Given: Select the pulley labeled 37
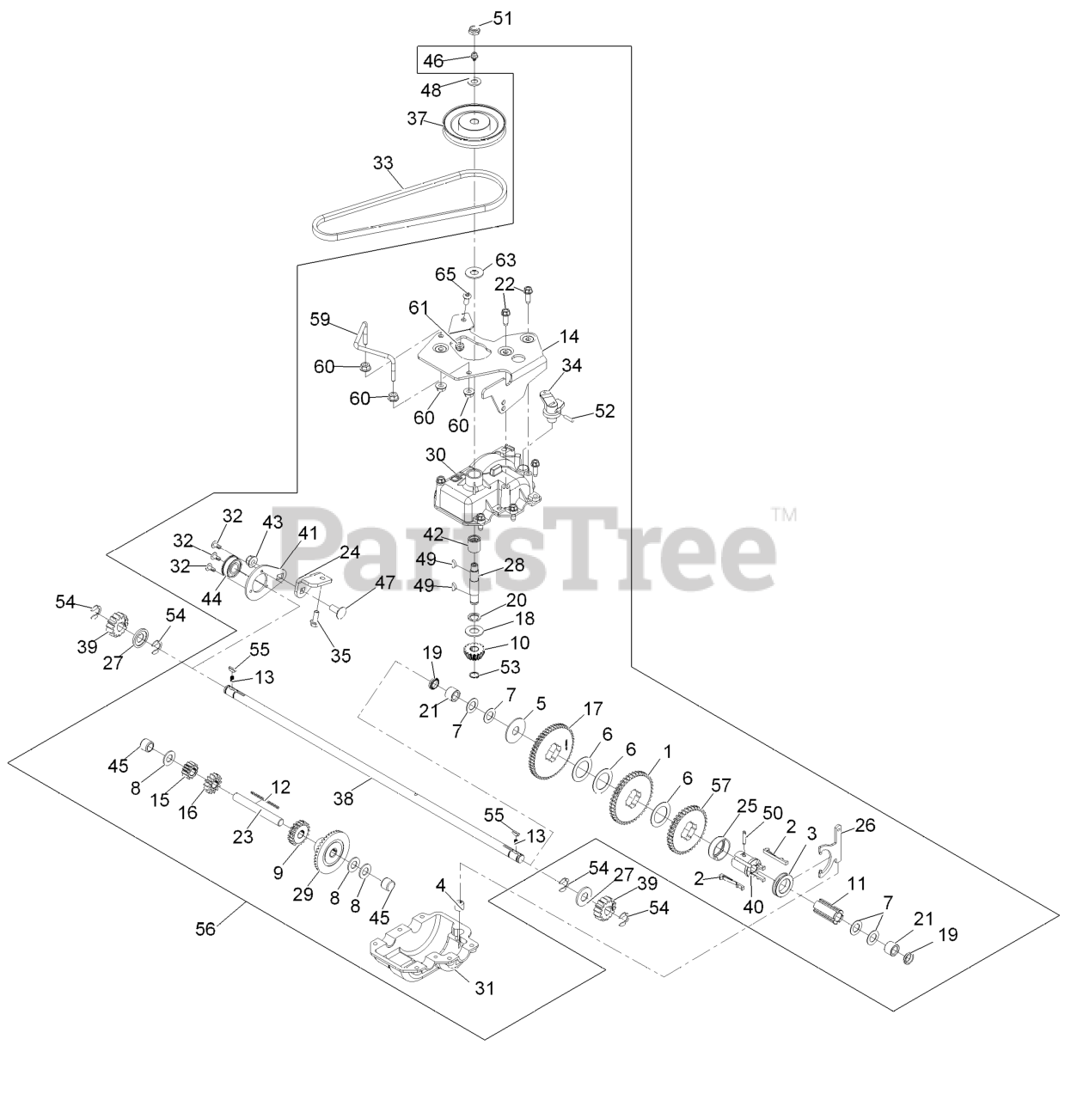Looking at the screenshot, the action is tap(474, 126).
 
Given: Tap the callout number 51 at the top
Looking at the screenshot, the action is tap(502, 18).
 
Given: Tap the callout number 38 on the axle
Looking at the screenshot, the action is tap(343, 798).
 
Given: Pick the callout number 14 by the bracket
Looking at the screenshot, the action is tap(569, 336).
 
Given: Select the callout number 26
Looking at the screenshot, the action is tap(865, 826).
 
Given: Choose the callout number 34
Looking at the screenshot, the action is tap(572, 366).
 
